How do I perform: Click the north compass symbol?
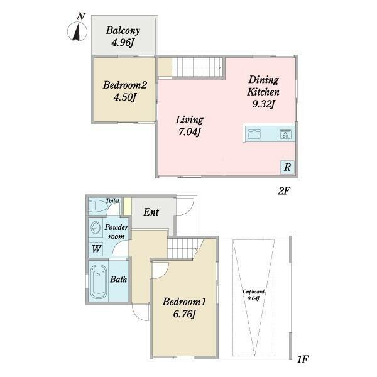[77, 31]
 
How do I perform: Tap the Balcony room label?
[123, 31]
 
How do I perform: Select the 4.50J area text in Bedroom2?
[125, 97]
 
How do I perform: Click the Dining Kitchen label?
[263, 86]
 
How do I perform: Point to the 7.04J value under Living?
[190, 132]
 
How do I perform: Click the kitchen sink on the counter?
[254, 134]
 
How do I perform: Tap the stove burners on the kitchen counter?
[285, 134]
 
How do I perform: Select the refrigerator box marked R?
[287, 167]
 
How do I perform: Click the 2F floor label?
[284, 191]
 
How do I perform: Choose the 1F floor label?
[302, 359]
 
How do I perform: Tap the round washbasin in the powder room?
[96, 227]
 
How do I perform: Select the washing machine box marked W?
[96, 249]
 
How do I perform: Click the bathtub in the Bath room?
[99, 281]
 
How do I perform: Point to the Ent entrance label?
[151, 212]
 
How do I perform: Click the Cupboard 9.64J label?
[253, 295]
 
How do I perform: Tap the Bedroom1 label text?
[184, 302]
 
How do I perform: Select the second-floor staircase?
[197, 67]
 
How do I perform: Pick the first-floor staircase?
[184, 248]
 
